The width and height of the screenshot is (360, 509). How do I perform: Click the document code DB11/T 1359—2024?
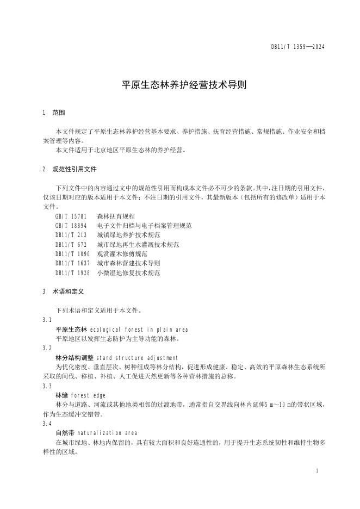[x=298, y=47]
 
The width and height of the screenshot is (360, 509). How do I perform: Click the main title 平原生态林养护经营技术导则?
[x=179, y=85]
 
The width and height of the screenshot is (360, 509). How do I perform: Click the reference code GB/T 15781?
[x=71, y=216]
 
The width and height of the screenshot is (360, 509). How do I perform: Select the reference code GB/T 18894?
[x=71, y=226]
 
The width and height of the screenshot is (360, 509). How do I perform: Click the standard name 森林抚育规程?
[x=116, y=216]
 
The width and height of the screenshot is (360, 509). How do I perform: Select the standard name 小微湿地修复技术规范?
[x=128, y=273]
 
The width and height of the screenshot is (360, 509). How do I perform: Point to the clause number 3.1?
[x=47, y=320]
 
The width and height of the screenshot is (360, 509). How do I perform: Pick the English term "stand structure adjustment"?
[x=137, y=358]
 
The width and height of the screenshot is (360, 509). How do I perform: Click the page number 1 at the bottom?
[x=316, y=470]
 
